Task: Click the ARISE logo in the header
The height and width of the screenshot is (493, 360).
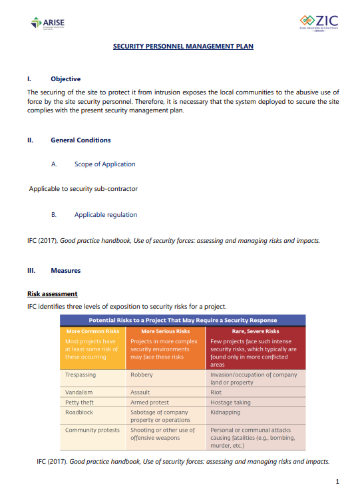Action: point(47,24)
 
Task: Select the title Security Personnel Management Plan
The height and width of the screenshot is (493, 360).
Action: point(183,47)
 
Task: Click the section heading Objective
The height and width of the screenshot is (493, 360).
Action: point(65,79)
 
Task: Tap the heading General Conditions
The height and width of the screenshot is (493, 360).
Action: point(81,140)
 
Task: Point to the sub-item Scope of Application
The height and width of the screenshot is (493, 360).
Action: point(104,164)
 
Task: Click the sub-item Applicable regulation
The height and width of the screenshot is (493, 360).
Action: point(106,215)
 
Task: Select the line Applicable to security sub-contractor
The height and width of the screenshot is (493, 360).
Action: point(83,189)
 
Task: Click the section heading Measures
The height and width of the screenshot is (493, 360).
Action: point(65,271)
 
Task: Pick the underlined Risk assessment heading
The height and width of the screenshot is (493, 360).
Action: point(52,293)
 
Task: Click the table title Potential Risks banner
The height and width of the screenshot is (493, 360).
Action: point(183,321)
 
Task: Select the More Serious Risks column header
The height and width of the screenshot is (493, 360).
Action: point(166,331)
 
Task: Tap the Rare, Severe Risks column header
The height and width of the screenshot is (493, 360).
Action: point(244,331)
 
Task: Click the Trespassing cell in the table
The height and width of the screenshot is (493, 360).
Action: point(81,375)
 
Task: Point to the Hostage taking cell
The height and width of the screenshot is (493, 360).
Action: point(230,403)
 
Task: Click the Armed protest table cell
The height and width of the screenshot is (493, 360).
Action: point(150,403)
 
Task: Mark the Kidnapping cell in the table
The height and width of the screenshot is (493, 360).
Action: point(226,412)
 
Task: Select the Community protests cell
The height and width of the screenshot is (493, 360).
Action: point(92,430)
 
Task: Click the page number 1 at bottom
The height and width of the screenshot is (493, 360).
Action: point(338,481)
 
